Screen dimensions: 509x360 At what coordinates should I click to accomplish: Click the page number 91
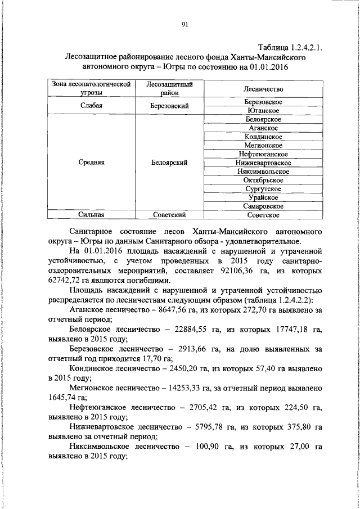click(184, 24)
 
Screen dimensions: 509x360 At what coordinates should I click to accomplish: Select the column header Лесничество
click(263, 89)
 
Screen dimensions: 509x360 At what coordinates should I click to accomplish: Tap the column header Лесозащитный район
click(169, 88)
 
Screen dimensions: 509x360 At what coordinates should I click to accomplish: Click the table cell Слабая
click(92, 106)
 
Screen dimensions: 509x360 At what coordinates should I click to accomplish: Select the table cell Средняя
click(92, 163)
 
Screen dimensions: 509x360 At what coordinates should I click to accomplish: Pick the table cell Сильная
click(92, 214)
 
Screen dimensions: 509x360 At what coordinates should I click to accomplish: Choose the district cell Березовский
click(169, 106)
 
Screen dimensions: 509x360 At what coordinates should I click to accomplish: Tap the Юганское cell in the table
click(263, 110)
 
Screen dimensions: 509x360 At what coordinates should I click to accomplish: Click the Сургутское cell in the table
click(263, 188)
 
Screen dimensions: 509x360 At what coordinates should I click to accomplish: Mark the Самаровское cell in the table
click(263, 206)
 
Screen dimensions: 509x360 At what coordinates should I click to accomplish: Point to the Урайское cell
click(263, 197)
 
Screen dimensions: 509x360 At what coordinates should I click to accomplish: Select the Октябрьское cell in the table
click(263, 180)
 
